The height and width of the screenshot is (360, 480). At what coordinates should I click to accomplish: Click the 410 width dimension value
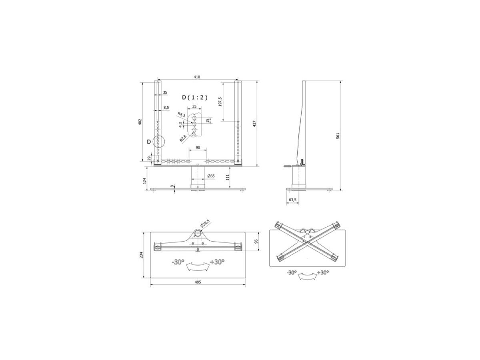[196, 77]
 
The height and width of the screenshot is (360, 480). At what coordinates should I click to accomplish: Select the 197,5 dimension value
[220, 102]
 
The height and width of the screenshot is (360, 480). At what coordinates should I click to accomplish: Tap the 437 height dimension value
[254, 124]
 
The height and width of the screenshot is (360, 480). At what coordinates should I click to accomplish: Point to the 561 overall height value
[338, 136]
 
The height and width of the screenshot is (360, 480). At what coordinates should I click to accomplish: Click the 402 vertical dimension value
[140, 122]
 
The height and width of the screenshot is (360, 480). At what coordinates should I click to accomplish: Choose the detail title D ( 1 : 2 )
[195, 98]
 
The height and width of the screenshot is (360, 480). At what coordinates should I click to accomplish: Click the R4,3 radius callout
[181, 114]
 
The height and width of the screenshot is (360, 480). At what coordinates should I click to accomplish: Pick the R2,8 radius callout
[183, 138]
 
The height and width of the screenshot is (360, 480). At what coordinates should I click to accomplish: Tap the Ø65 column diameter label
[211, 176]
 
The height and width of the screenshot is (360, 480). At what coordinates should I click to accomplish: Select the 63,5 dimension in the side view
[292, 200]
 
